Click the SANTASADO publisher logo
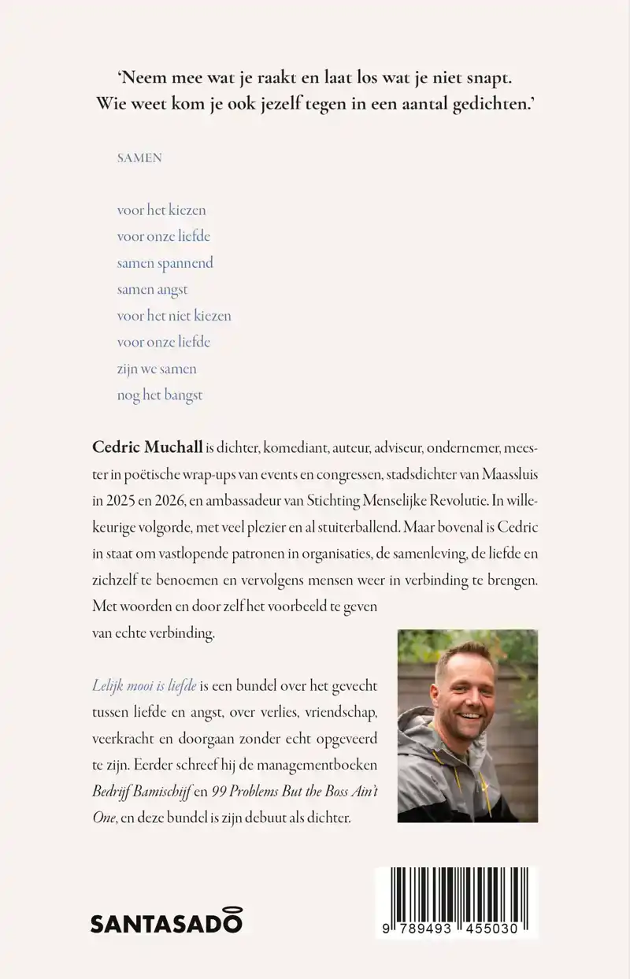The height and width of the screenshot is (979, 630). click(166, 922)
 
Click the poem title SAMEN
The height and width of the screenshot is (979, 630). click(139, 158)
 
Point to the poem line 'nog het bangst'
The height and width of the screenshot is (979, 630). click(160, 395)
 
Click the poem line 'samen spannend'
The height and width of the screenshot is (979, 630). click(165, 263)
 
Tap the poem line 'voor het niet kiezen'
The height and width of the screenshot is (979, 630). click(174, 316)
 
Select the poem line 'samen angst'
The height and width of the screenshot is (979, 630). click(152, 289)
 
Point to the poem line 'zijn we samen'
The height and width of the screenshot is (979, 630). click(157, 369)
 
